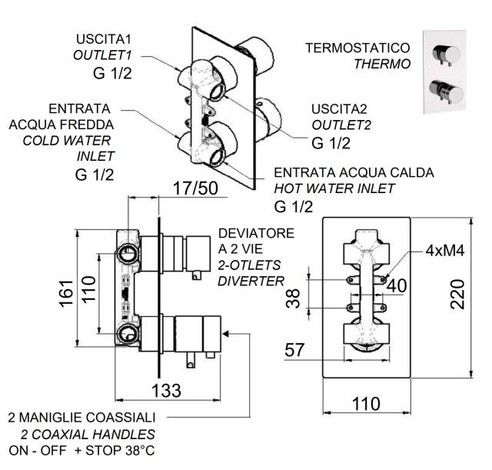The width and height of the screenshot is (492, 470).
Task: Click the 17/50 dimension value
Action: coord(195,188)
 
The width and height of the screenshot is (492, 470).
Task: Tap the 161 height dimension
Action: coord(67,292)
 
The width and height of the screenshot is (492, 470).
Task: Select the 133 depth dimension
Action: coord(166,391)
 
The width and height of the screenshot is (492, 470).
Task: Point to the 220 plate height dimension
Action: coord(457,294)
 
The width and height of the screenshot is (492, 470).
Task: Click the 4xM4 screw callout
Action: coord(445,251)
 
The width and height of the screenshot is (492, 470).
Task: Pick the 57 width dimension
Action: coord(294,350)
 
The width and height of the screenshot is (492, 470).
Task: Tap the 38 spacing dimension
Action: coord(293,298)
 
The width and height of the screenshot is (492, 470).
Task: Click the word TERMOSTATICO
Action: coord(357,48)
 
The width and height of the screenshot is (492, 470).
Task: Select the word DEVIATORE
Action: coord(256,233)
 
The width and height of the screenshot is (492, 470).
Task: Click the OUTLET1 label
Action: coord(102,55)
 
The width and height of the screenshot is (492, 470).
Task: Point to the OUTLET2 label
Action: coord(341,125)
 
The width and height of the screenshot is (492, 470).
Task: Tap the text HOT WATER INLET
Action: coord(334,188)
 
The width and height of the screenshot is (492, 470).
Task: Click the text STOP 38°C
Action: coord(120,451)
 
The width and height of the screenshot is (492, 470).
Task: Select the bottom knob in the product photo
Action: coord(446,92)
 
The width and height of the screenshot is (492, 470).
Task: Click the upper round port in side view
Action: coord(128,254)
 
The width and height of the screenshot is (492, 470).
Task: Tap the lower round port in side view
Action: coord(127,335)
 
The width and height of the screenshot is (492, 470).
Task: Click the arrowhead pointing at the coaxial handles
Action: coord(225,333)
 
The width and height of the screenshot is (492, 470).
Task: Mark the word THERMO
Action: coord(382,64)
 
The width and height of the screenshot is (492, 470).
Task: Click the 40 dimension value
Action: coord(397,285)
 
